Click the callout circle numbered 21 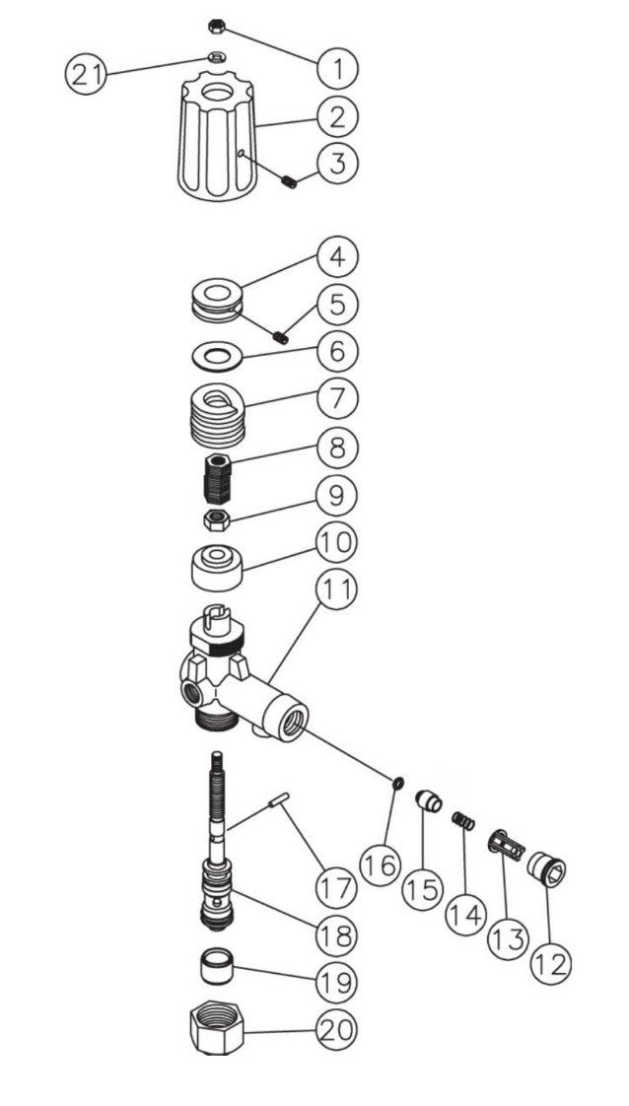click(87, 75)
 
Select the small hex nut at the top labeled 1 click(219, 25)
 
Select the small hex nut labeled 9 click(215, 519)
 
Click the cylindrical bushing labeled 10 click(215, 568)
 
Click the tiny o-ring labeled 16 click(396, 783)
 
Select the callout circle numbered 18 click(337, 933)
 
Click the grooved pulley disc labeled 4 click(215, 300)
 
